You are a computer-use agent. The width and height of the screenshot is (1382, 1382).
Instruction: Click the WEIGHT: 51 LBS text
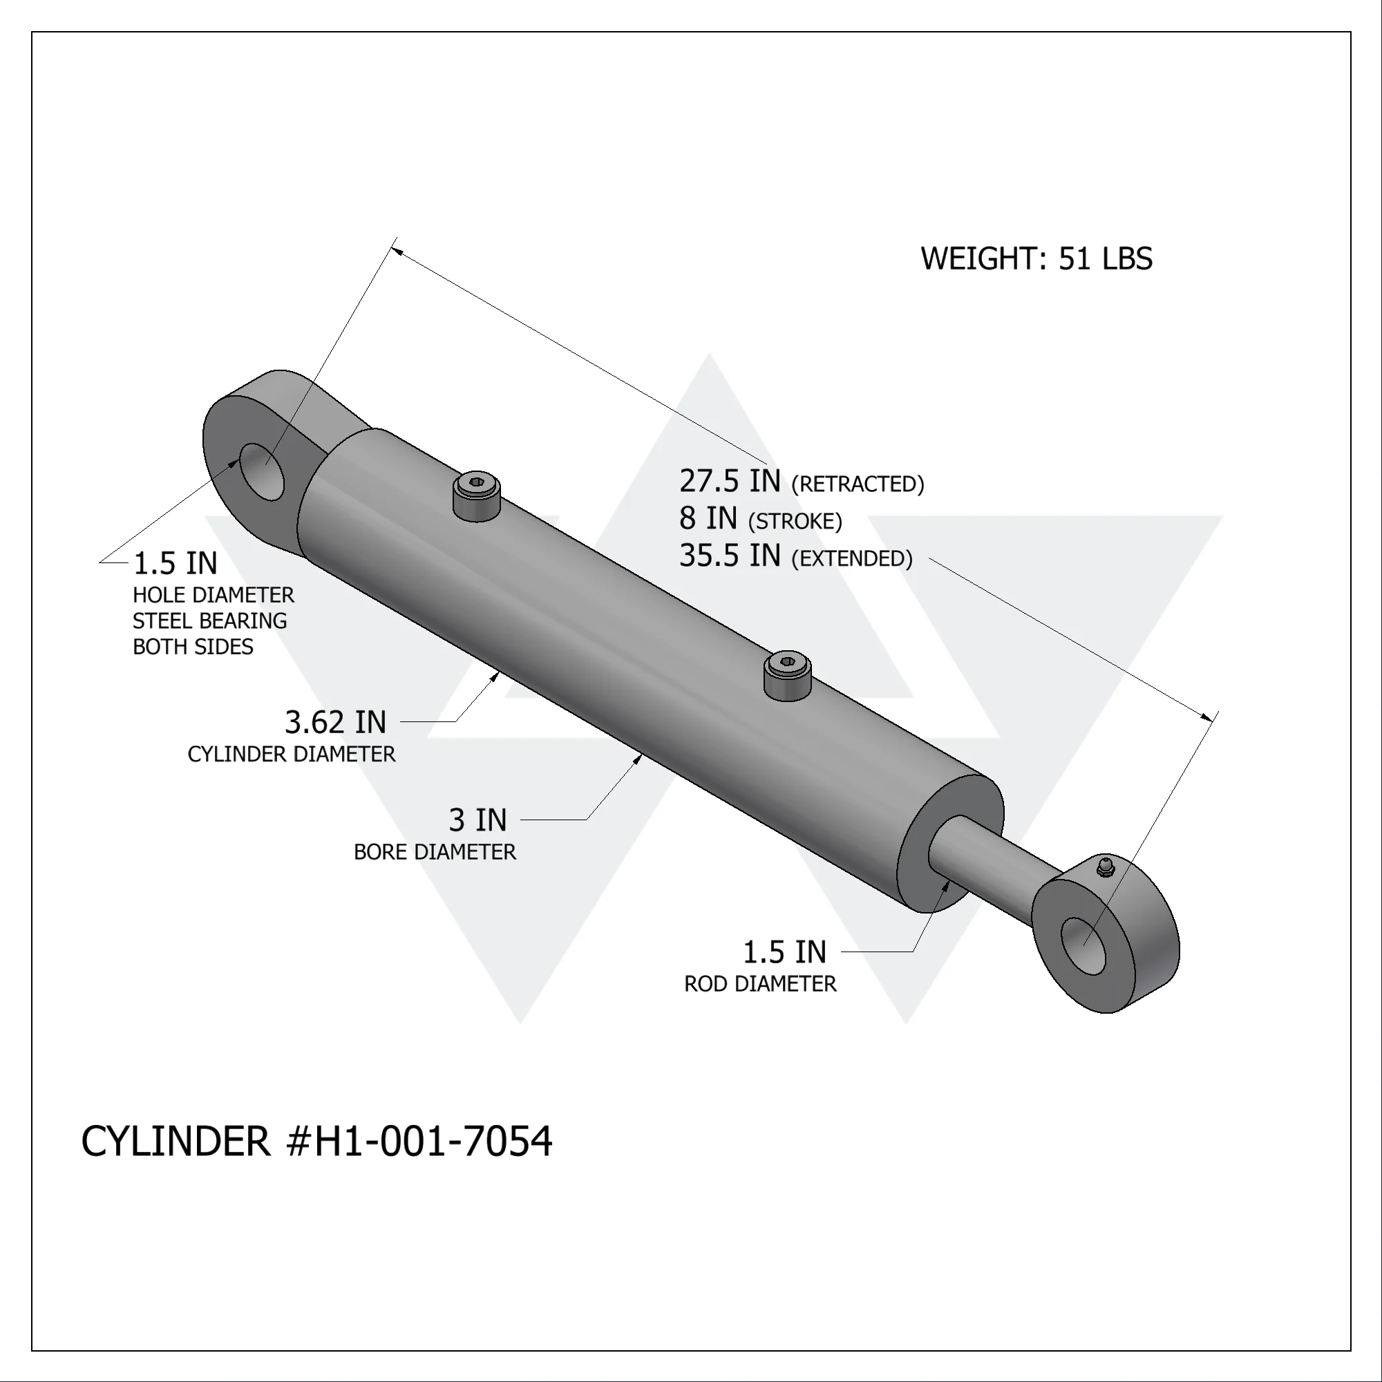coord(1036,259)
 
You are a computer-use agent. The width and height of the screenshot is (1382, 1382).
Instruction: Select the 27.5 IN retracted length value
coord(730,482)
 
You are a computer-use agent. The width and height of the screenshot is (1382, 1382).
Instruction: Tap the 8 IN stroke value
coord(708,519)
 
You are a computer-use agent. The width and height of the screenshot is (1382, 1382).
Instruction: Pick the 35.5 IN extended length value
coord(730,556)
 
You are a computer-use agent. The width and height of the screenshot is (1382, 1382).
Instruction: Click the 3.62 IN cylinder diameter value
coord(334,723)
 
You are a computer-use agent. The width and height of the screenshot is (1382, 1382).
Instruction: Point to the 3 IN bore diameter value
coord(477,820)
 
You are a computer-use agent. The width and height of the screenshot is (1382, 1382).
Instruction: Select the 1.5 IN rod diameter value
coord(784,952)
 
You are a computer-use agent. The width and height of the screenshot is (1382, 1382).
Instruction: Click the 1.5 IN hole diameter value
coord(176,564)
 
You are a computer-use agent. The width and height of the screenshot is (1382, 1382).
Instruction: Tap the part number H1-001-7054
coord(433,1141)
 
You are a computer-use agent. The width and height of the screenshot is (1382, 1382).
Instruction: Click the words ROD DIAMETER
coord(759,984)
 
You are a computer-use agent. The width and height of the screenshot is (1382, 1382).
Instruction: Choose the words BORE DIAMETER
coord(434,852)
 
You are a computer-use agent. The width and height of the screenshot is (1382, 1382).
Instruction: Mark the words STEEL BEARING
coord(209,621)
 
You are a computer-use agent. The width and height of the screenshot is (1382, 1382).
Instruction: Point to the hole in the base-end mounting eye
coord(261,471)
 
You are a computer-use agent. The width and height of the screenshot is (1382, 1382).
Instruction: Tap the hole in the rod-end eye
coord(1083,947)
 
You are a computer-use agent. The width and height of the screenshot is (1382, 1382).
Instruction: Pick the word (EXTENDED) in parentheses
coord(851,558)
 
